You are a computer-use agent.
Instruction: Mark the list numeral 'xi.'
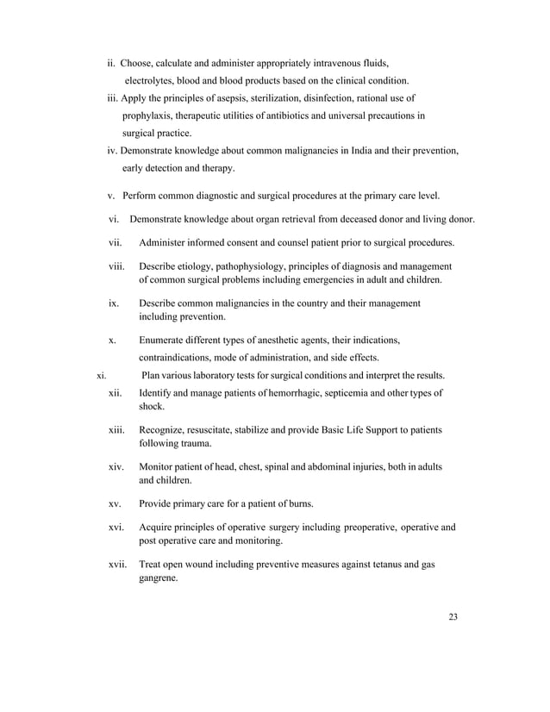coord(101,376)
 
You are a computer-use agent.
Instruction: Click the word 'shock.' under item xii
coord(152,406)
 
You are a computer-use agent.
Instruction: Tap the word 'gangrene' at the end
coord(158,579)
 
